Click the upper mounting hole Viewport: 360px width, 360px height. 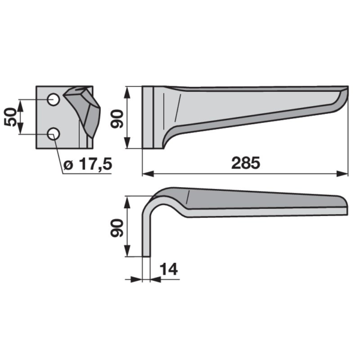click(x=53, y=100)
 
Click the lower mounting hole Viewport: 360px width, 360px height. click(x=53, y=134)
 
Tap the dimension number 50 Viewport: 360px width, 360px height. click(x=10, y=117)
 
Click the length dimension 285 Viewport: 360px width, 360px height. click(x=245, y=163)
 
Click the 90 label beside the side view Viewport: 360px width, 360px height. click(x=117, y=119)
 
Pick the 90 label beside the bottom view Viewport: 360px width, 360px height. click(x=117, y=228)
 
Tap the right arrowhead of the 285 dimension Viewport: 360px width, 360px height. click(x=343, y=174)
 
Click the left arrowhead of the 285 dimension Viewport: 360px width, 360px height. click(x=148, y=174)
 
